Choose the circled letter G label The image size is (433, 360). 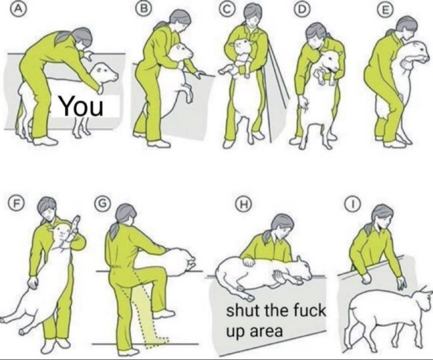coord(100,204)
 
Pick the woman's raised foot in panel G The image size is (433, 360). coord(163,314)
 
